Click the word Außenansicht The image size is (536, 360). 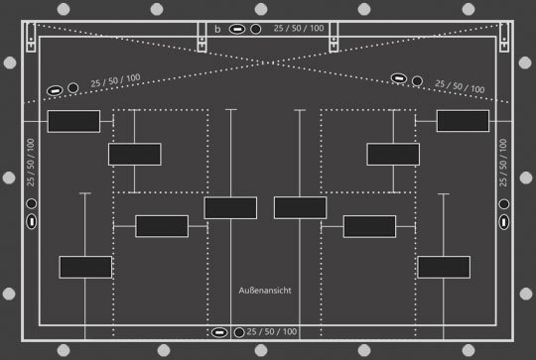(x=265, y=291)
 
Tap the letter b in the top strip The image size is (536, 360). (x=217, y=29)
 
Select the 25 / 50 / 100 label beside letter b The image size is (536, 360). (x=299, y=28)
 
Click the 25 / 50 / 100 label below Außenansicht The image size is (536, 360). (x=272, y=331)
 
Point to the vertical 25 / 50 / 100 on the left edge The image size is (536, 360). (x=31, y=163)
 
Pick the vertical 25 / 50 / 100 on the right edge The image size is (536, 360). (x=503, y=163)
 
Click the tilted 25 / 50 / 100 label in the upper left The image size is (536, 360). (x=115, y=80)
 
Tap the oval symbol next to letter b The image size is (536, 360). (x=237, y=29)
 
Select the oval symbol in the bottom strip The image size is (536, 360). (x=219, y=332)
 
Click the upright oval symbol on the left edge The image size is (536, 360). (x=32, y=221)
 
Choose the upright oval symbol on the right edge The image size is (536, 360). (x=504, y=222)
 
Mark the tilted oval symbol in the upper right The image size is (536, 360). (x=399, y=78)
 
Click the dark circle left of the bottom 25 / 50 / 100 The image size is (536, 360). (x=239, y=332)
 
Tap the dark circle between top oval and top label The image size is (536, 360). (x=256, y=29)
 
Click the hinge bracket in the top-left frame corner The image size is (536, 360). (x=31, y=37)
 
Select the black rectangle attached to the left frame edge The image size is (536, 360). (x=73, y=121)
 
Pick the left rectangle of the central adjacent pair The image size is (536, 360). (x=230, y=207)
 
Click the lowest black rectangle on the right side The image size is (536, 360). (x=444, y=267)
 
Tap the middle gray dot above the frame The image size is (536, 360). (x=261, y=9)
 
